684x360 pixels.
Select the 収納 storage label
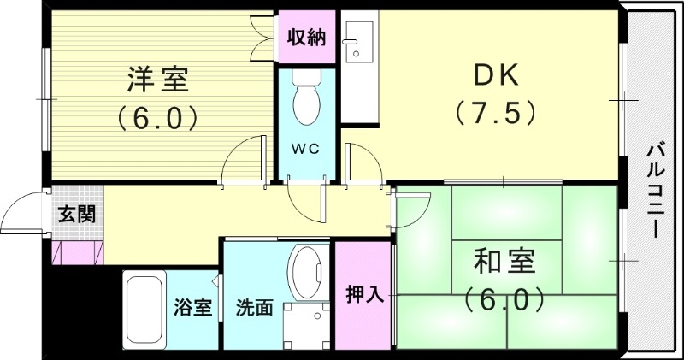(305, 37)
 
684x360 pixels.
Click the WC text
(305, 149)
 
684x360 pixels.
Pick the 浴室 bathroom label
(192, 307)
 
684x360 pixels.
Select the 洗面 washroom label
(255, 307)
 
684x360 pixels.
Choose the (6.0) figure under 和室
(504, 299)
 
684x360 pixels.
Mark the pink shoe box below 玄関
(77, 253)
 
